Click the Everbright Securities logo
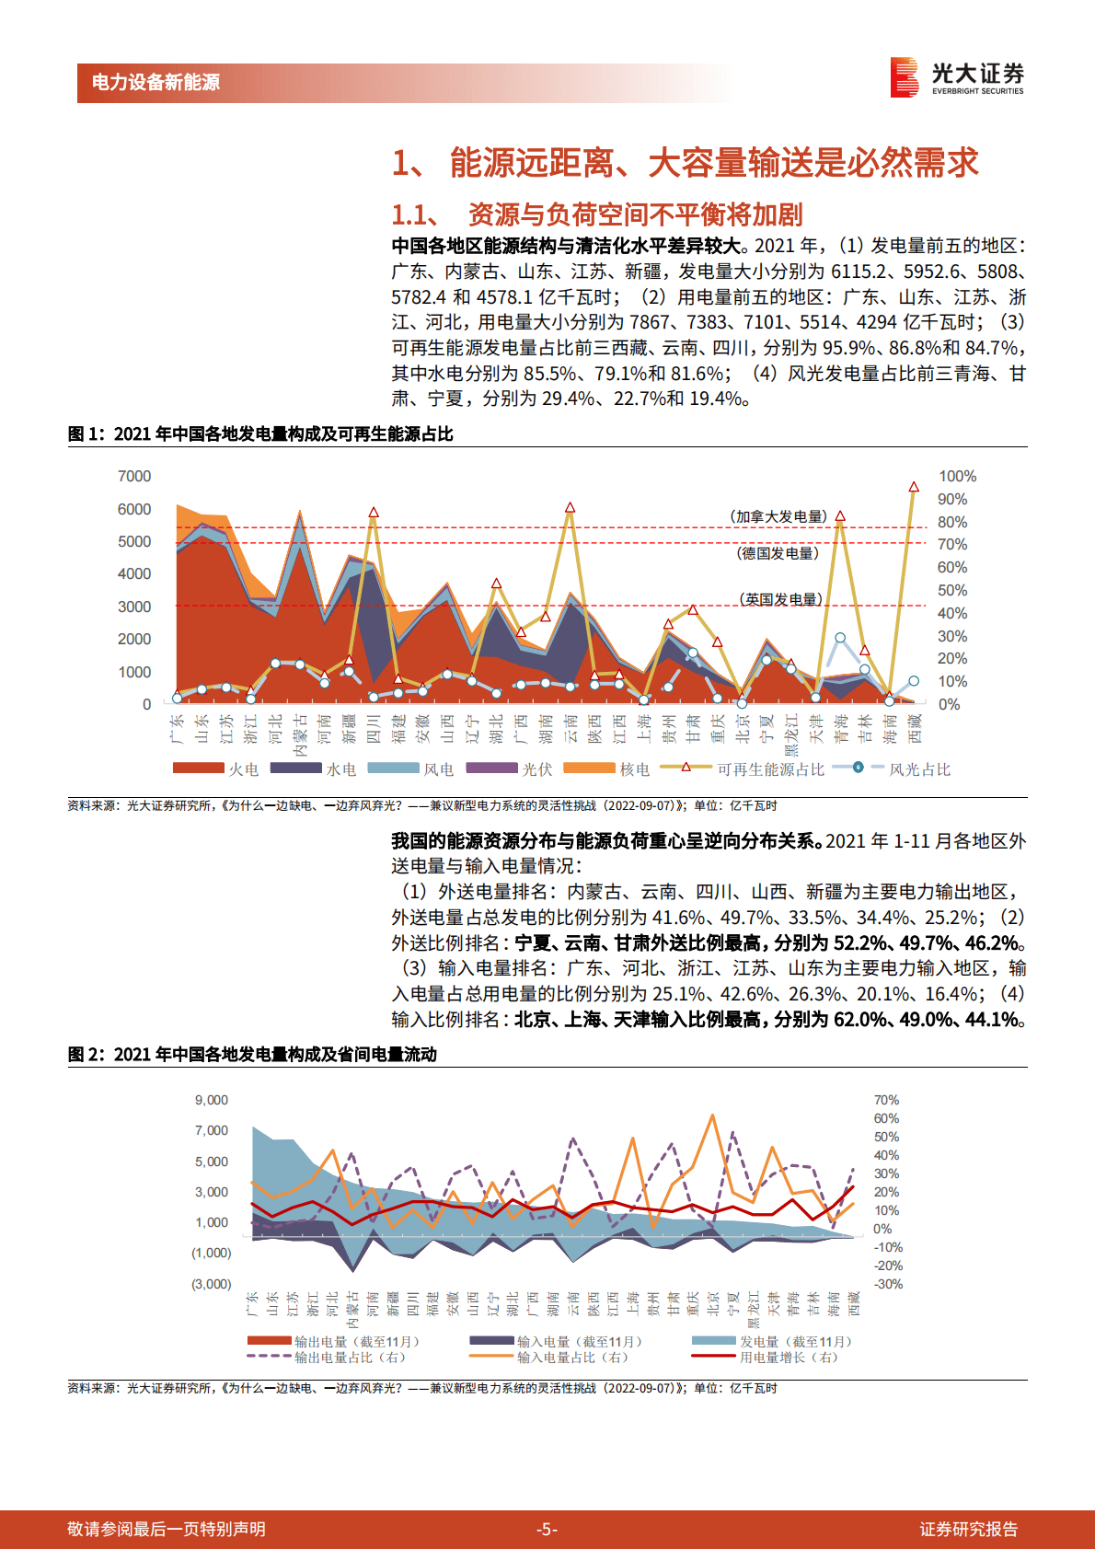coord(957,78)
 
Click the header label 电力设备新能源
coord(156,83)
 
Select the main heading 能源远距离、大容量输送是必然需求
coord(686,163)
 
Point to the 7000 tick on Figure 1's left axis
coord(134,476)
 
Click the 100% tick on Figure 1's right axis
coord(957,476)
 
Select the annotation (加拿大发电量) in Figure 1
coord(778,516)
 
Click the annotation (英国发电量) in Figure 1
coord(780,599)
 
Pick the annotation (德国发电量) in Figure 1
coord(778,553)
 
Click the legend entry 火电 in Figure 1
coord(243,769)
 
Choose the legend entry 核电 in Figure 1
coord(634,769)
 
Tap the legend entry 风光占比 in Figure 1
coord(919,769)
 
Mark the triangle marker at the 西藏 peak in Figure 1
coord(914,487)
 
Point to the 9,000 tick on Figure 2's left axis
coord(212,1100)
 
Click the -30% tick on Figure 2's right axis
coord(888,1284)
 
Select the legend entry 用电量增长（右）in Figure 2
coord(789,1358)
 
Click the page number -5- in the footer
coord(547,1529)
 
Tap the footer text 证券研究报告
coord(968,1529)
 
